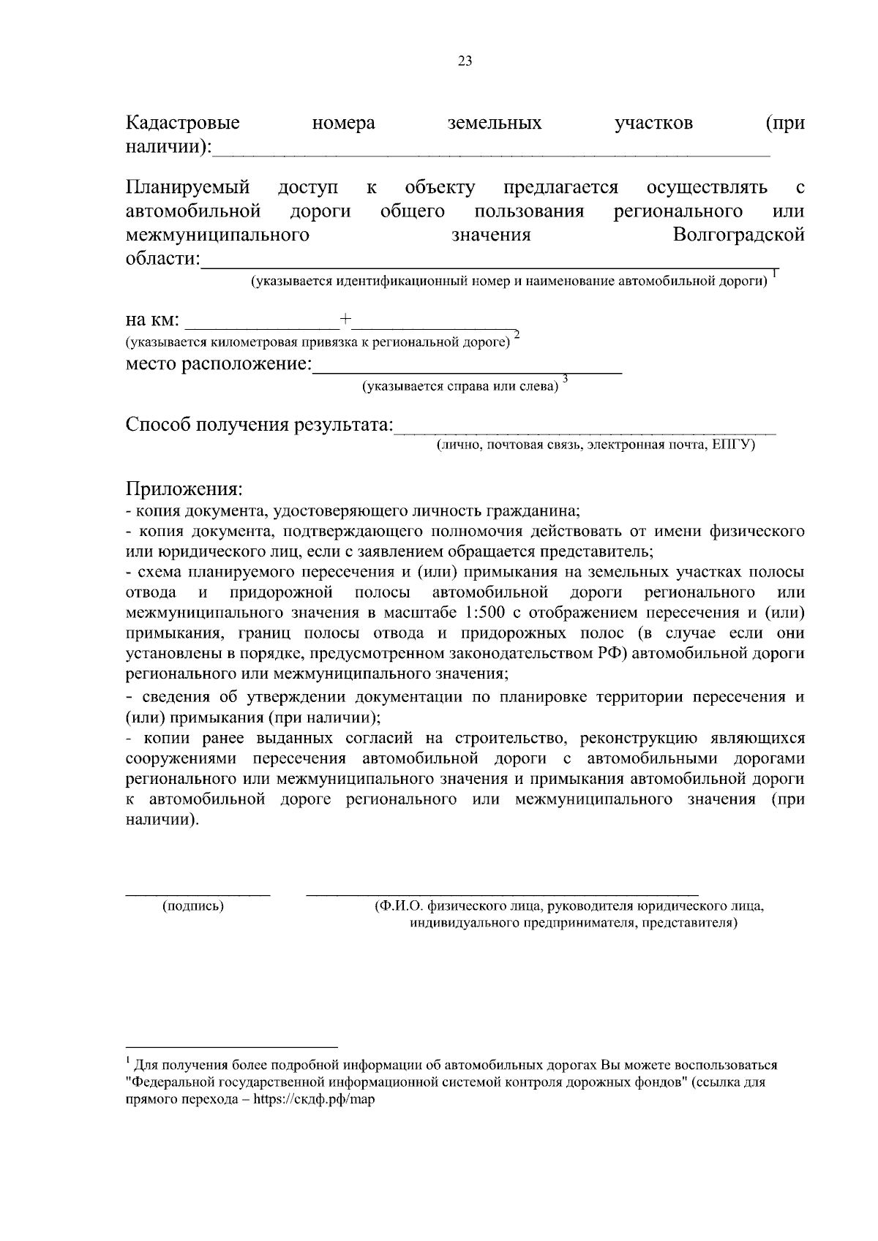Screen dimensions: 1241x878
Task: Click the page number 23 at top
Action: (x=465, y=61)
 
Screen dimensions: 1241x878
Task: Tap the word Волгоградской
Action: (x=738, y=235)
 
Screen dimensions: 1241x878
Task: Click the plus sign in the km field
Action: (x=345, y=319)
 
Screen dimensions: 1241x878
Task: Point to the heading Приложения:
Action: (x=184, y=488)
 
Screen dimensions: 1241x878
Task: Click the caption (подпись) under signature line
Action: (x=192, y=906)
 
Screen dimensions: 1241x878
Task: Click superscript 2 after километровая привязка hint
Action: (x=517, y=335)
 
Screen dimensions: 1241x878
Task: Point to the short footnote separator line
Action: (x=232, y=1046)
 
